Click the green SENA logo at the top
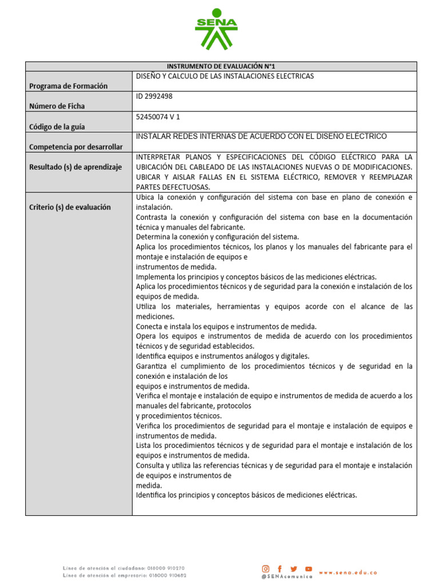(216, 28)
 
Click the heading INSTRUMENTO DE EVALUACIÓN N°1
(221, 66)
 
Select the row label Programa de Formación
(68, 86)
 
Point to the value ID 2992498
(154, 97)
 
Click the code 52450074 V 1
(158, 117)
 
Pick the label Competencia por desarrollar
(75, 147)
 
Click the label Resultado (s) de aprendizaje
(75, 167)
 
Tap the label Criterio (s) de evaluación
(70, 207)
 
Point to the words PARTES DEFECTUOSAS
(173, 187)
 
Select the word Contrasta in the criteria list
(151, 217)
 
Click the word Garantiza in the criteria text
(153, 366)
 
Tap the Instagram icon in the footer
(266, 568)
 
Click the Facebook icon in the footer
(280, 568)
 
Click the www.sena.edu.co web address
(348, 572)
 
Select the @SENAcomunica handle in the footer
(286, 577)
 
